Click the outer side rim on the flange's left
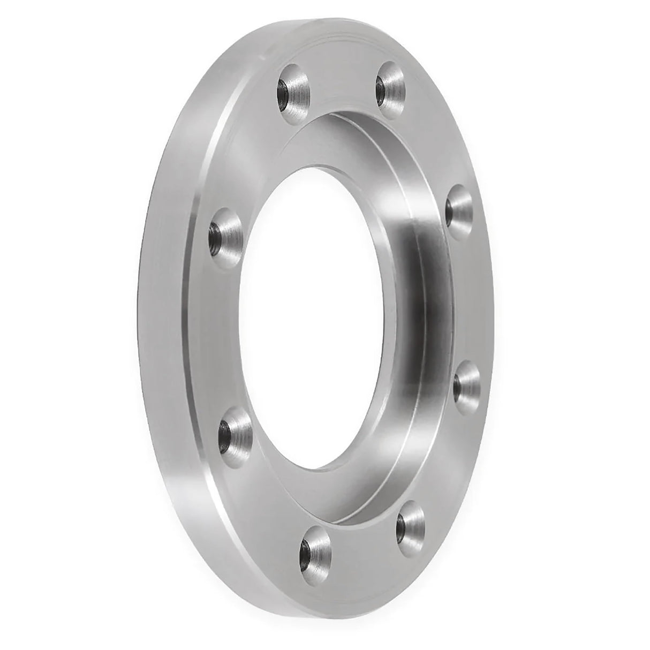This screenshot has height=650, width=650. point(161,321)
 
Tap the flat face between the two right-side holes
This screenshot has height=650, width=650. point(471,292)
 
